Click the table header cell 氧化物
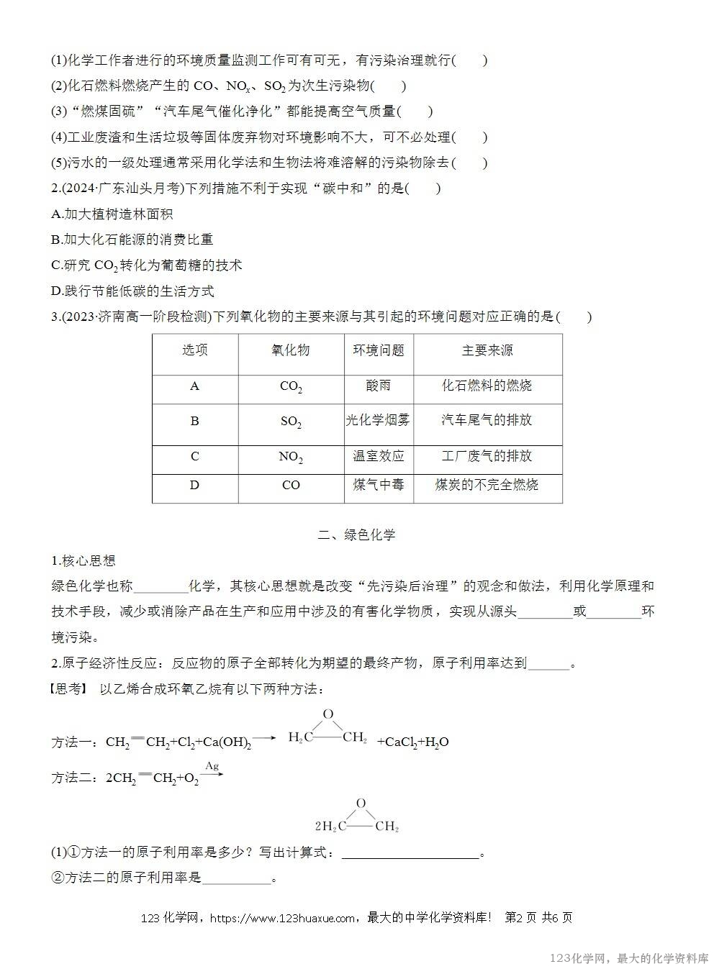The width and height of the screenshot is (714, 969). pyautogui.click(x=291, y=350)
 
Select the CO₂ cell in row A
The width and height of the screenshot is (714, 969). pyautogui.click(x=291, y=387)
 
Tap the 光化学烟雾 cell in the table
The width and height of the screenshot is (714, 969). pyautogui.click(x=378, y=421)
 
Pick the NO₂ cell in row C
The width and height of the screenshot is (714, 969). pyautogui.click(x=291, y=458)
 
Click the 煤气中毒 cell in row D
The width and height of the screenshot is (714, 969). pyautogui.click(x=378, y=485)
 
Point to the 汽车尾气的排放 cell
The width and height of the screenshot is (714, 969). pyautogui.click(x=487, y=421)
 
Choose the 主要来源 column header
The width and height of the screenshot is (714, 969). pyautogui.click(x=487, y=350)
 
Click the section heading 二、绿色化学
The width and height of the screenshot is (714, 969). pyautogui.click(x=357, y=534)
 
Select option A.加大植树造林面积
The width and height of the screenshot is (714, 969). pyautogui.click(x=112, y=214)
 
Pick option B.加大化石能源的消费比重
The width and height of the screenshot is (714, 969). pyautogui.click(x=132, y=240)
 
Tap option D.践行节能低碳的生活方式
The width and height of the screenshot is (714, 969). pyautogui.click(x=132, y=291)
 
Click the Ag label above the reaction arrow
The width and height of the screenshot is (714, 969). pyautogui.click(x=212, y=765)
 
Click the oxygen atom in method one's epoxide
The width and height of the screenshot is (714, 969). pyautogui.click(x=328, y=714)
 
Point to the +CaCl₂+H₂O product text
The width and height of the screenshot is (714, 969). pyautogui.click(x=413, y=742)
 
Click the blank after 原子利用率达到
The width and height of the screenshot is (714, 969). pyautogui.click(x=548, y=664)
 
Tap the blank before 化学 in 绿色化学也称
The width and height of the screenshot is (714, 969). pyautogui.click(x=161, y=587)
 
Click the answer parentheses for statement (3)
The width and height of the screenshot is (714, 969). pyautogui.click(x=415, y=112)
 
